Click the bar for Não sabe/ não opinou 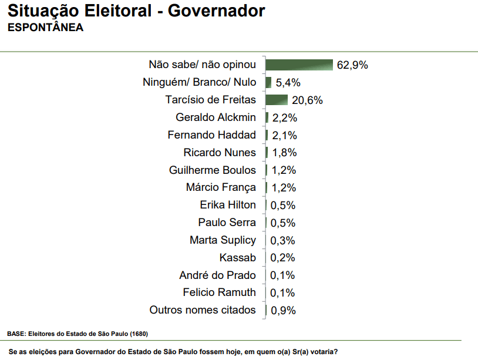click(299, 65)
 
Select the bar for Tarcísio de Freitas click(277, 100)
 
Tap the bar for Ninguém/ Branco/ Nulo click(268, 82)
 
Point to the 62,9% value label click(352, 65)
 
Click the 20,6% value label click(307, 100)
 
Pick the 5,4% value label click(288, 83)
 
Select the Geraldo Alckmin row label click(216, 117)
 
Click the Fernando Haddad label click(211, 135)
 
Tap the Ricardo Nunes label click(220, 153)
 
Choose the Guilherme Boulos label click(213, 170)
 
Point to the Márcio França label click(221, 188)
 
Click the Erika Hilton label click(228, 205)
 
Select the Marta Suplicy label click(223, 240)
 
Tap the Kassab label click(238, 258)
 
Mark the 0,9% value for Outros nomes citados click(282, 310)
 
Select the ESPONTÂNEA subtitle click(45, 28)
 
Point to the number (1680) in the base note click(139, 334)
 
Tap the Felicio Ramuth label click(219, 292)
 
